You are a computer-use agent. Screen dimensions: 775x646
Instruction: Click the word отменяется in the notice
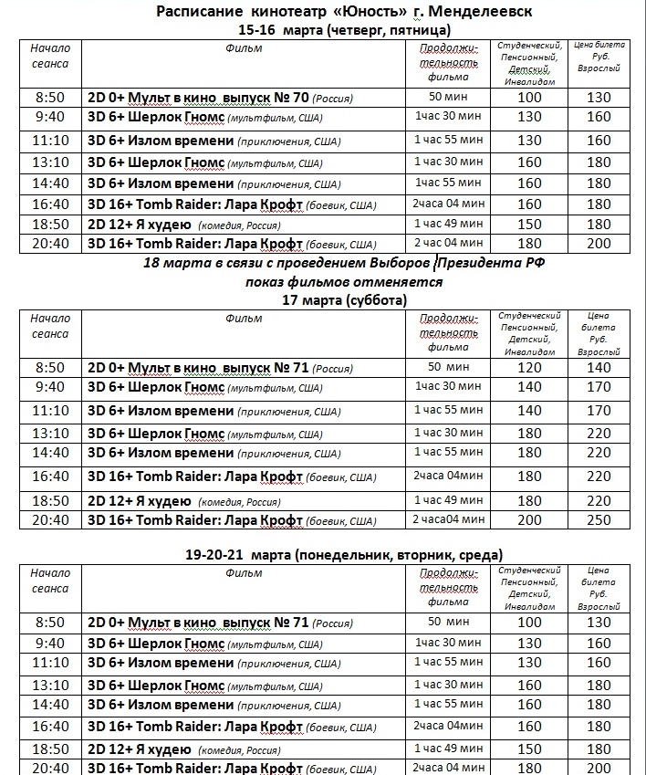(x=401, y=281)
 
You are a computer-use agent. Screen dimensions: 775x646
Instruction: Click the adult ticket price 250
(x=599, y=520)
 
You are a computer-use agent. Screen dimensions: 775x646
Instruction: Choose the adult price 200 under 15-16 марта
(x=599, y=243)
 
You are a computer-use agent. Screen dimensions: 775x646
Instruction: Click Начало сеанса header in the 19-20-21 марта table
(x=49, y=581)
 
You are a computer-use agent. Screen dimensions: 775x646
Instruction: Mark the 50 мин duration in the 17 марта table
(x=447, y=366)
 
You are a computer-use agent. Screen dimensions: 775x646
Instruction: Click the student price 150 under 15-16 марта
(x=529, y=224)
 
